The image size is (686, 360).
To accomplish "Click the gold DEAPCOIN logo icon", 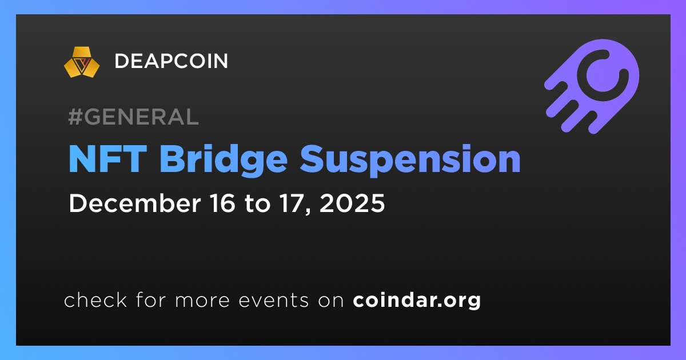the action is click(82, 62).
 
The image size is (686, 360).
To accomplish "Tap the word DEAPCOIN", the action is click(171, 61).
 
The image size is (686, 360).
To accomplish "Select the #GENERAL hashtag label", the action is click(134, 117).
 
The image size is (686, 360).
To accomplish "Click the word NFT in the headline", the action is click(107, 159).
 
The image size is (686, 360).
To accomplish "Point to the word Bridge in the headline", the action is click(224, 161).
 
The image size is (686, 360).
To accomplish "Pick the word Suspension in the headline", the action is click(410, 161).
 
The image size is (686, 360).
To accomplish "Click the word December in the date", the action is click(135, 203).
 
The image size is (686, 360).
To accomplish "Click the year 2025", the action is click(352, 203).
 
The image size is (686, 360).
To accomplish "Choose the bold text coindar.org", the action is click(417, 301).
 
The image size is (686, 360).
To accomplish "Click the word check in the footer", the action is click(95, 299).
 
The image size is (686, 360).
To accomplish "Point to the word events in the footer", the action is click(274, 301).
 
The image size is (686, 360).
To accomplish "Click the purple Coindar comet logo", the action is click(592, 87).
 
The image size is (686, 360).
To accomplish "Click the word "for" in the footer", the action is click(151, 299).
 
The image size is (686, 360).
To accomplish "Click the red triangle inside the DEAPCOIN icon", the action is click(82, 63).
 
